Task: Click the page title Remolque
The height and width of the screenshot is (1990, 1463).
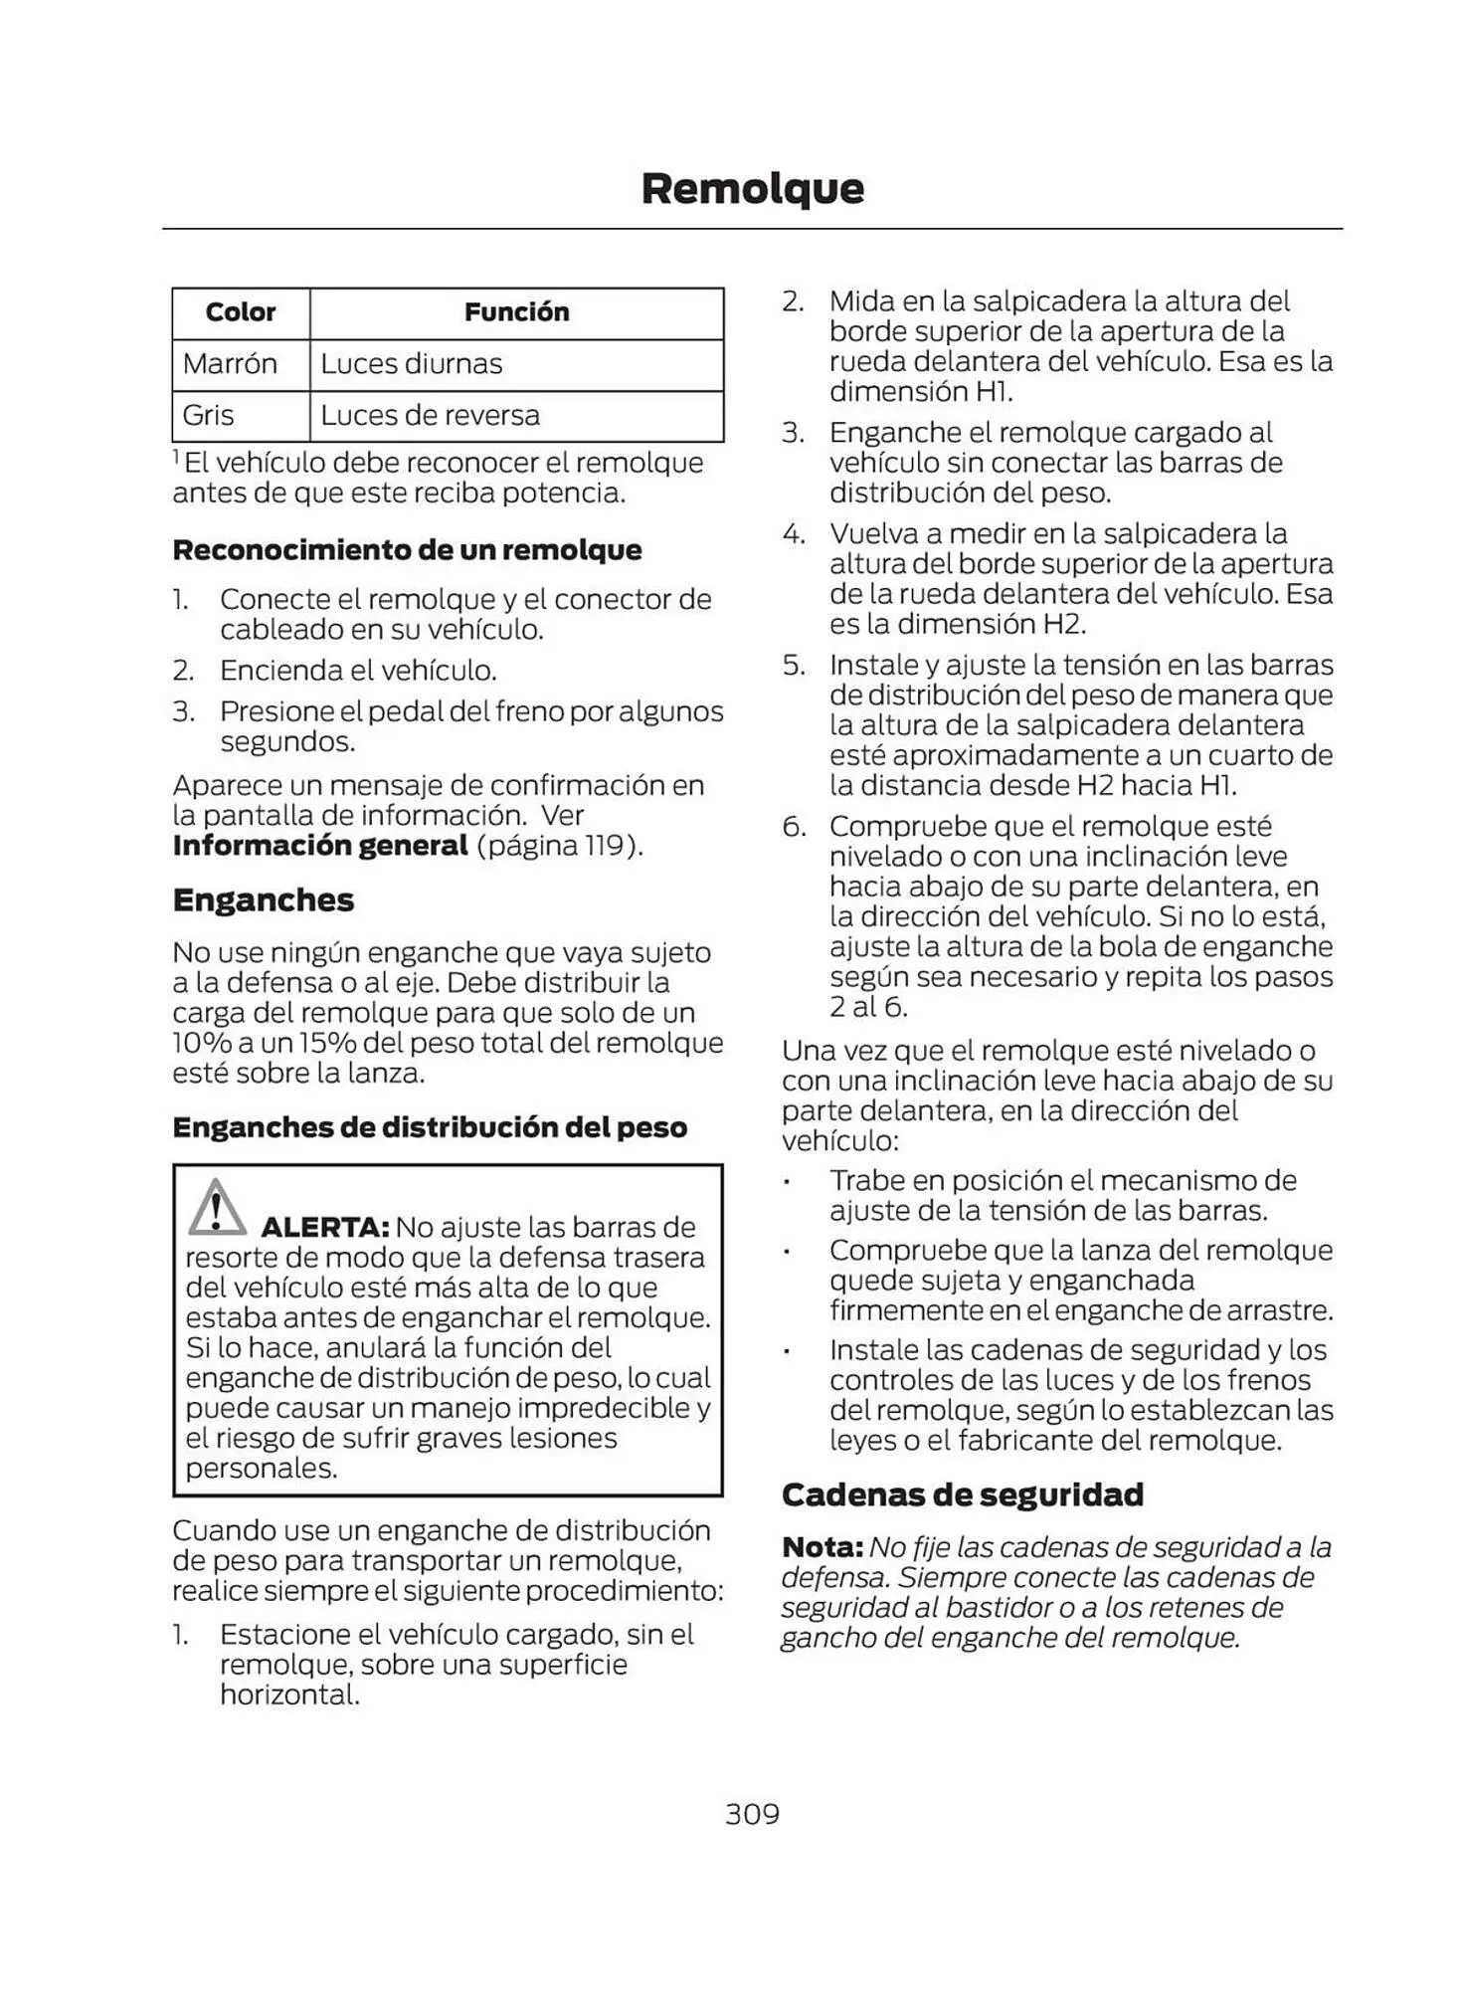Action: coord(752,189)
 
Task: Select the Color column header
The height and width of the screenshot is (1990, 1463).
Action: coord(240,312)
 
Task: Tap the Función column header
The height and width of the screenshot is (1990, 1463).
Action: coord(516,312)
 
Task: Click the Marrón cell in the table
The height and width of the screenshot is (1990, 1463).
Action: coord(230,364)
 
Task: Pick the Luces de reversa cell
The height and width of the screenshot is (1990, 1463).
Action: coord(430,416)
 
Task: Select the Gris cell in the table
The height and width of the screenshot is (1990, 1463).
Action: coord(208,416)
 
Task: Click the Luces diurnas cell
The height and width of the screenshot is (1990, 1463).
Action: coord(411,364)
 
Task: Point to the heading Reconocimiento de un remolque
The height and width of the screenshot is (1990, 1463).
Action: coord(407,550)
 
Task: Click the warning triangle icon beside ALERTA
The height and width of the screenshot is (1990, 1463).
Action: coord(216,1207)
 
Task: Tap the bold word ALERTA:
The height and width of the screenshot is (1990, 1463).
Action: coord(324,1228)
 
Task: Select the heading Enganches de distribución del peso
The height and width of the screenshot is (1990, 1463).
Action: coord(430,1128)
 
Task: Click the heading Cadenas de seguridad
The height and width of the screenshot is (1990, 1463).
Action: coord(962,1495)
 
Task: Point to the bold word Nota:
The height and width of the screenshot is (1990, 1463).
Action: coord(822,1548)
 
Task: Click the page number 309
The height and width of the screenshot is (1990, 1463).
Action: coord(752,1814)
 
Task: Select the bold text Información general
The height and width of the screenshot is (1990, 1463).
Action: coord(319,847)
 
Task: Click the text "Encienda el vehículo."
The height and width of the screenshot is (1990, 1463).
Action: coord(358,672)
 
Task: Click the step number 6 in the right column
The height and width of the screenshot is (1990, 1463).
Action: coord(793,827)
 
